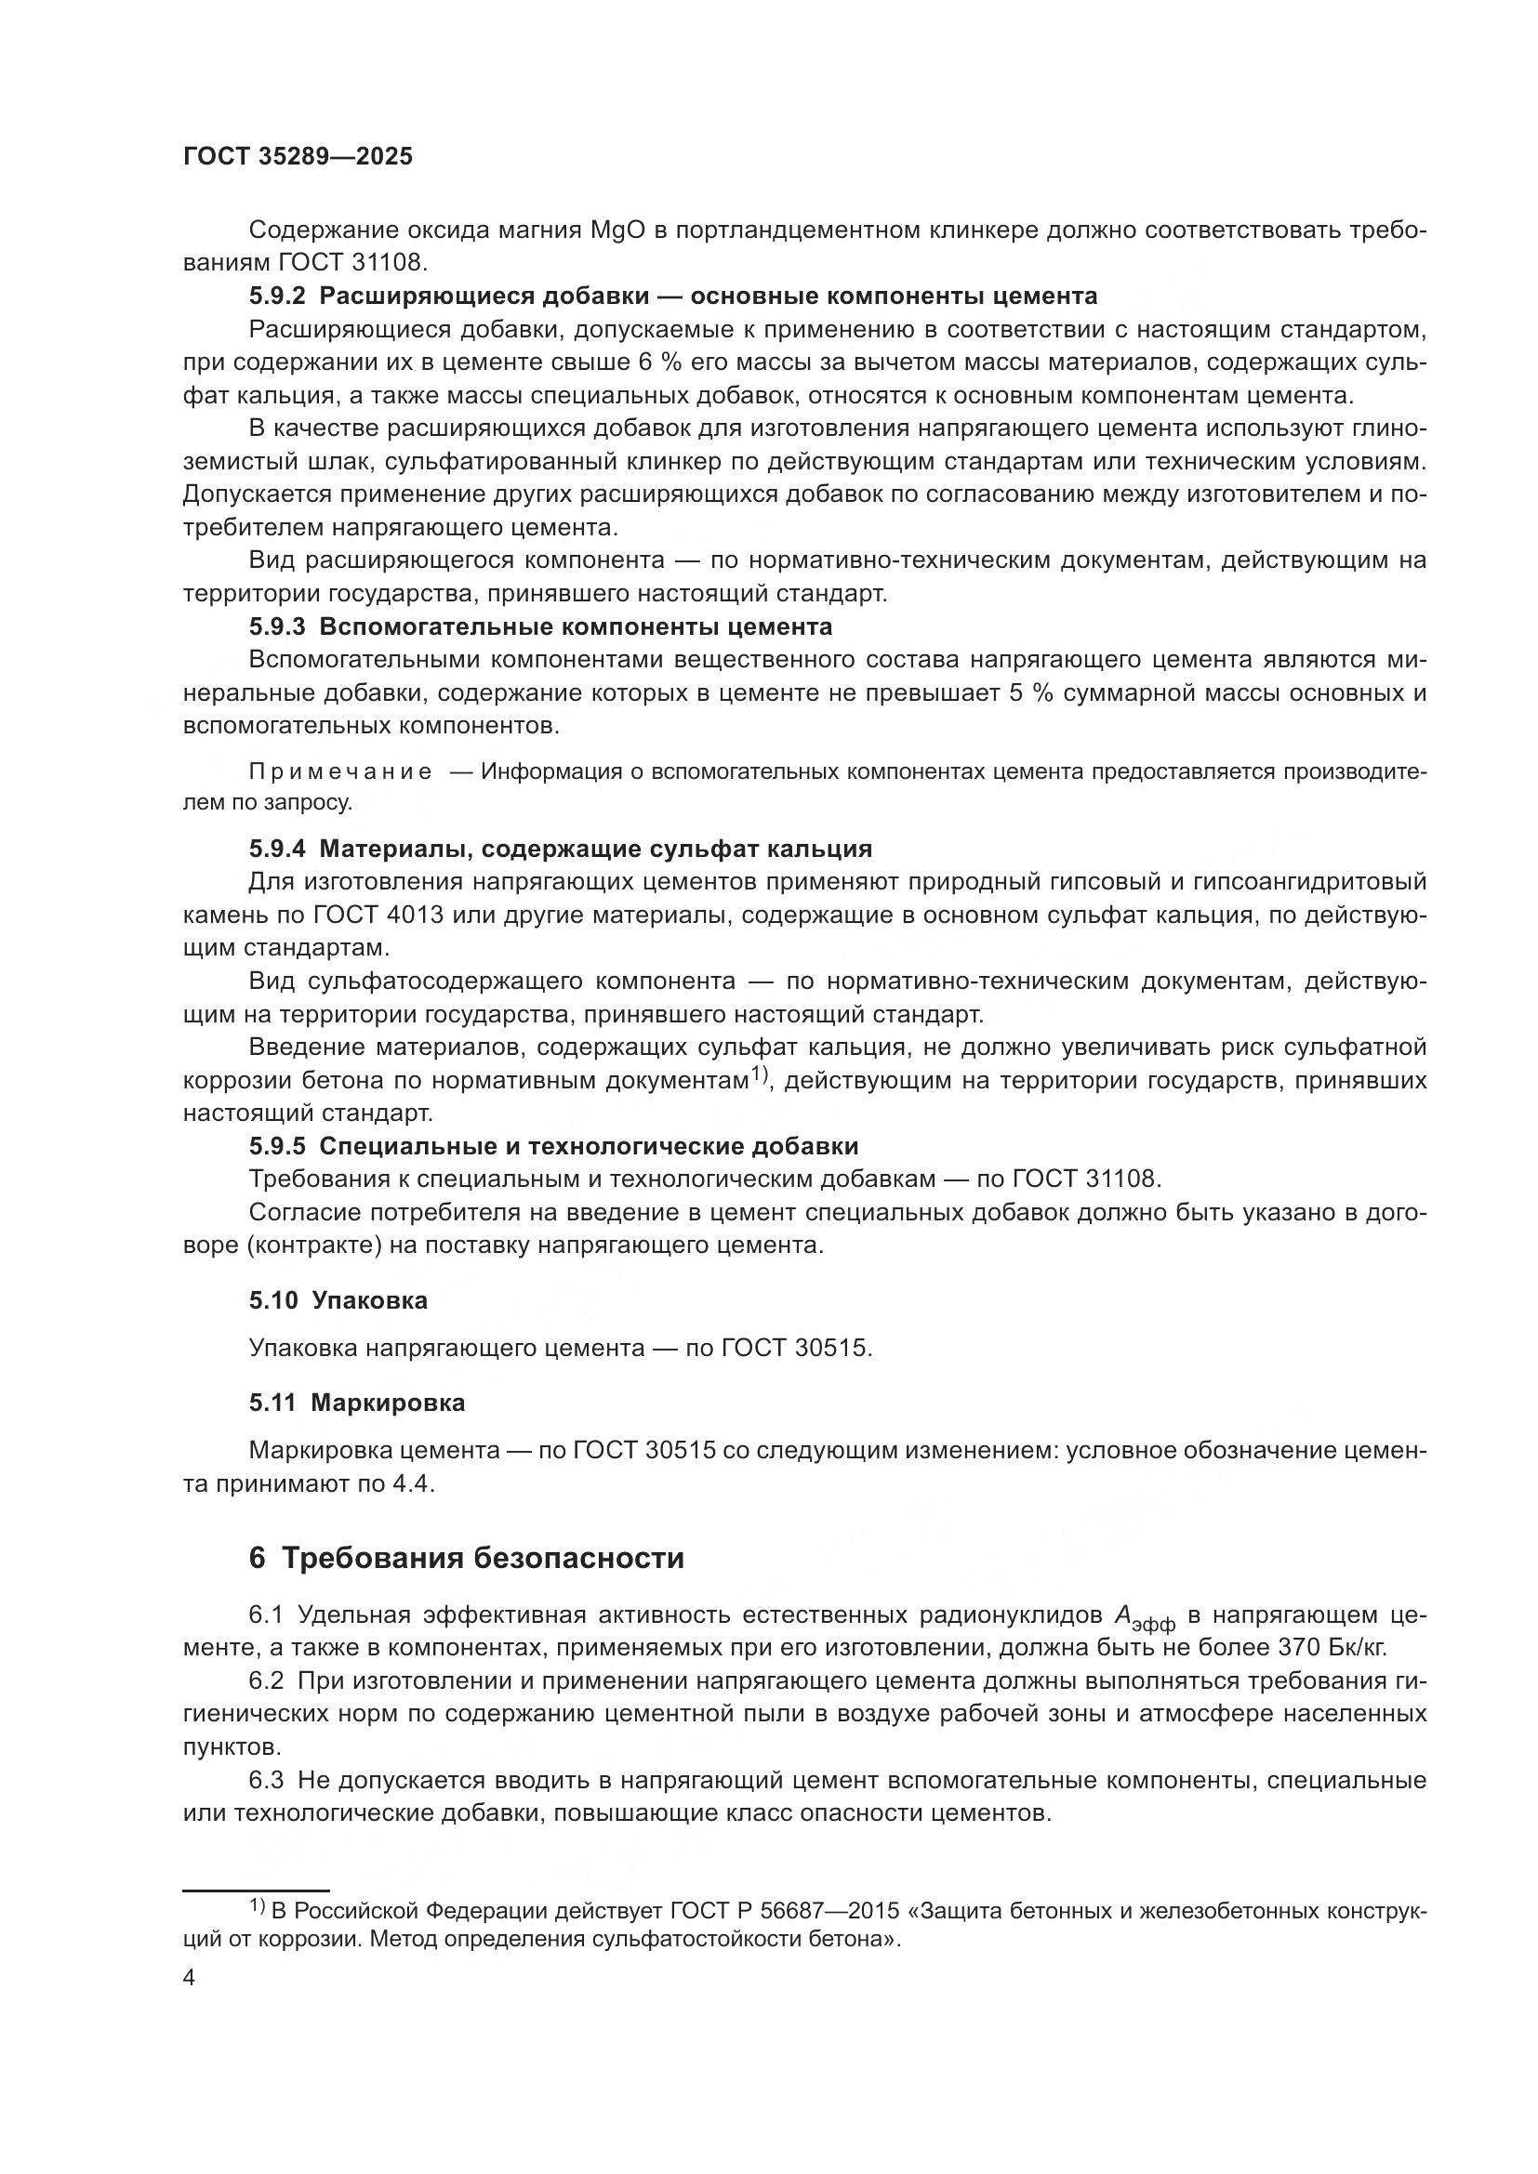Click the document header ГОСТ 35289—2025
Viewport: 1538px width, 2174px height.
click(298, 157)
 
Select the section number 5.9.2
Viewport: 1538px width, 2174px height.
click(277, 296)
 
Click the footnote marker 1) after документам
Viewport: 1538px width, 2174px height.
click(758, 1074)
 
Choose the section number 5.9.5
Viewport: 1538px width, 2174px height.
click(277, 1147)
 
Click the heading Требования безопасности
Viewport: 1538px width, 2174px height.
click(483, 1559)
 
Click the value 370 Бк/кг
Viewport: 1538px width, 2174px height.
click(1332, 1648)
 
